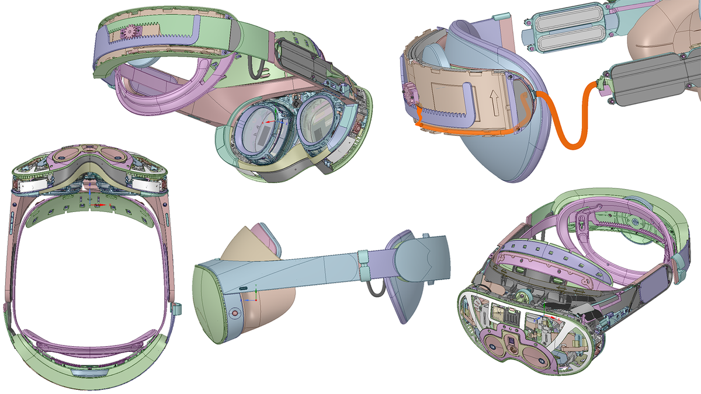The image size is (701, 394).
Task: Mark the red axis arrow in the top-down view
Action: tap(101, 205)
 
